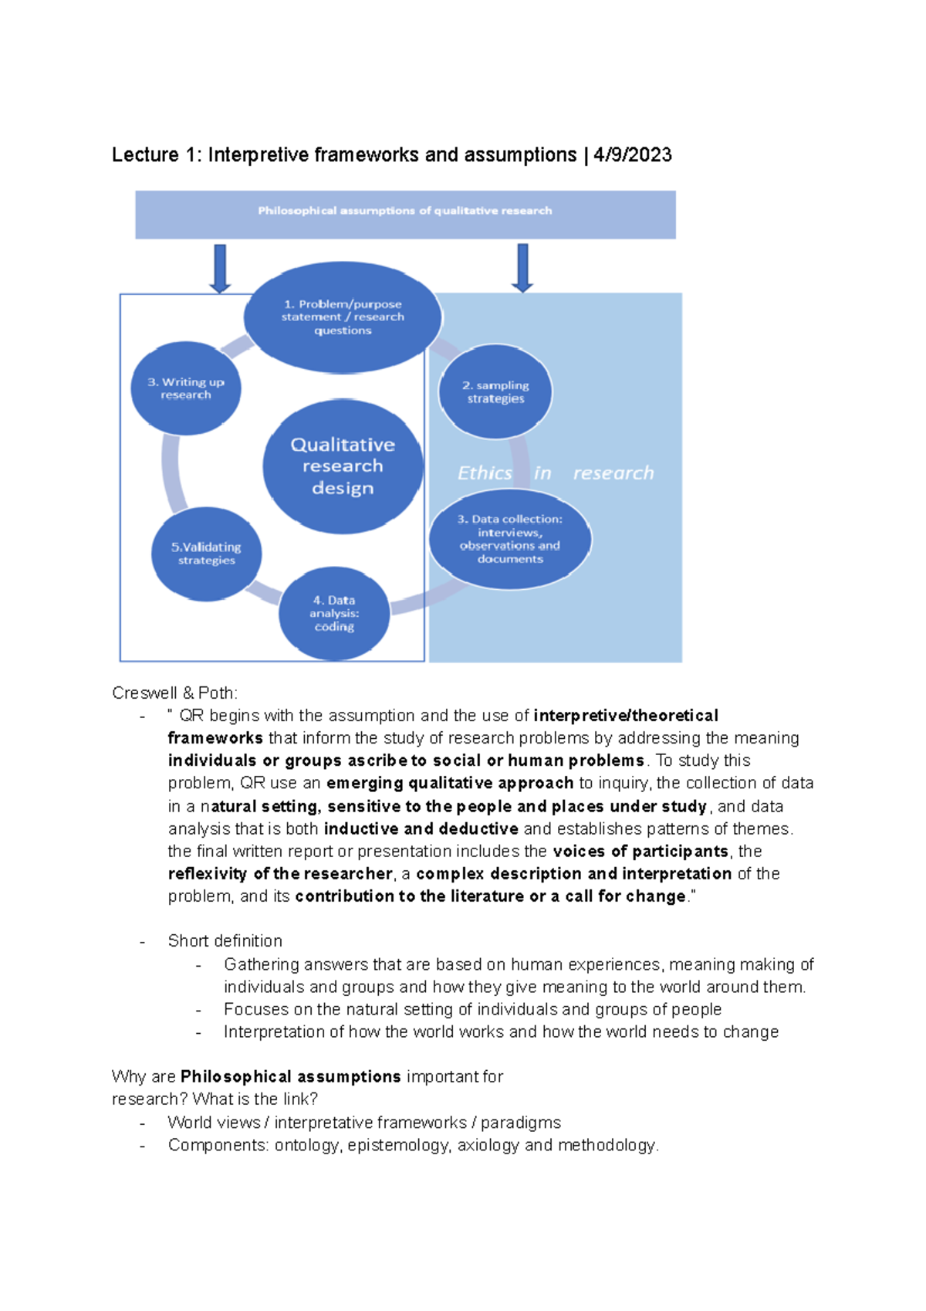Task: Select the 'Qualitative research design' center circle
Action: tap(343, 466)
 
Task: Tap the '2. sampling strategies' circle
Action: tap(495, 391)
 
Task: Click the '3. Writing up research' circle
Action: tap(186, 388)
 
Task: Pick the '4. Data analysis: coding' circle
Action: tap(334, 614)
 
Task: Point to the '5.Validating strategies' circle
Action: tap(206, 554)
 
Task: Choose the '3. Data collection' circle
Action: tap(510, 539)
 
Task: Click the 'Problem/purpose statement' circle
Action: tap(343, 317)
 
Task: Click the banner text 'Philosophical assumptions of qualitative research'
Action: tap(405, 211)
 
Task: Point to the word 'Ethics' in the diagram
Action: tap(485, 473)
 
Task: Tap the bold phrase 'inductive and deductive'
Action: tap(421, 828)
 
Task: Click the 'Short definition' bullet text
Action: tap(225, 940)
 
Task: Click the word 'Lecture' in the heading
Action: tap(145, 155)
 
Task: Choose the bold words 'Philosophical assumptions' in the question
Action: tap(290, 1076)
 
